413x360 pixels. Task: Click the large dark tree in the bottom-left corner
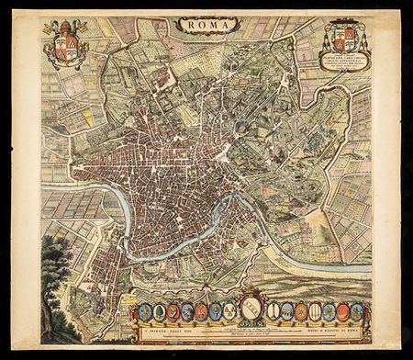click(x=55, y=276)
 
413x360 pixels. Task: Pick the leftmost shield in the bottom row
click(x=143, y=312)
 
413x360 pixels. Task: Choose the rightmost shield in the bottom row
click(x=357, y=312)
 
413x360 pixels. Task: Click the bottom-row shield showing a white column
click(x=315, y=312)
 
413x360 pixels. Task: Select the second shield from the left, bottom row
click(x=158, y=312)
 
